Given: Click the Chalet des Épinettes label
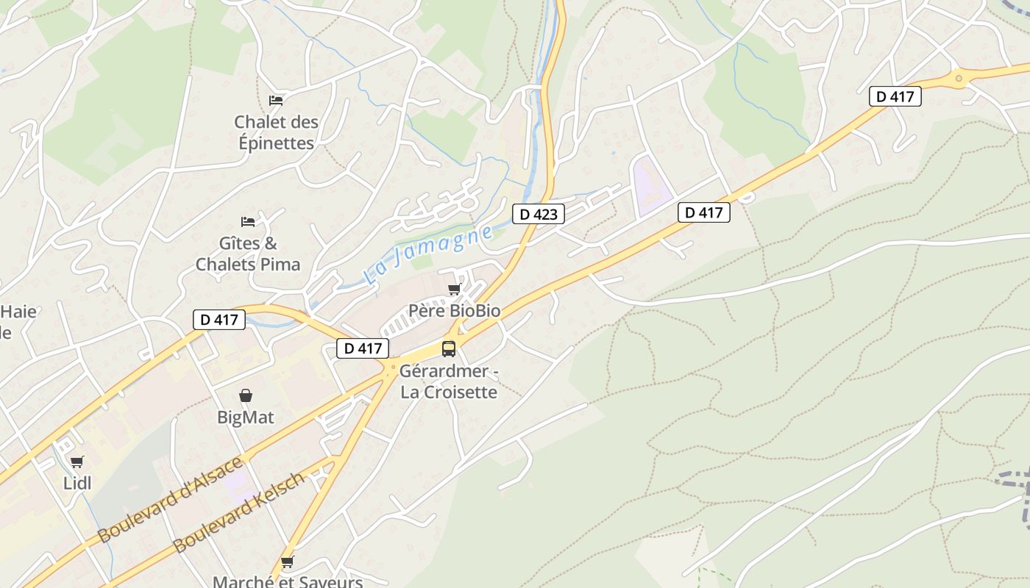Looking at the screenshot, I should (276, 132).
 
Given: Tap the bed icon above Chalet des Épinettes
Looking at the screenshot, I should (276, 100).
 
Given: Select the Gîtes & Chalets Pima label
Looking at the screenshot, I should (248, 254).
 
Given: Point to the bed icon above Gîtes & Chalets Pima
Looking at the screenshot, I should (248, 221).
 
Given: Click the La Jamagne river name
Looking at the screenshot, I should (428, 255).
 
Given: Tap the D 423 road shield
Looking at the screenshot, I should (539, 214).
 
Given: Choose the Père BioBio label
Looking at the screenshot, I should (454, 311).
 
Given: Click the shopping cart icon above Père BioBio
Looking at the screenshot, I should (454, 289).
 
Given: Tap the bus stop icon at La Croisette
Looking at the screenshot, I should (449, 348).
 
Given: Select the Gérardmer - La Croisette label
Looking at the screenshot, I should (449, 381).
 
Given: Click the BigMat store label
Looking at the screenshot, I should (245, 417).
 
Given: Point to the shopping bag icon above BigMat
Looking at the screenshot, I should (245, 396).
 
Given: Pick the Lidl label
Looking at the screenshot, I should (77, 483).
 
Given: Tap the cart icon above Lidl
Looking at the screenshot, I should (77, 462).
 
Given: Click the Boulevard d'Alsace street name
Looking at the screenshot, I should (170, 500).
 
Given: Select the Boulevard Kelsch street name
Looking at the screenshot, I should (238, 513).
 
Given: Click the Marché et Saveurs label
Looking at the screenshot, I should (288, 581).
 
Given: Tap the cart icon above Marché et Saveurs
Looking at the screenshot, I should (287, 562).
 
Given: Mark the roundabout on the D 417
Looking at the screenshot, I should (958, 78).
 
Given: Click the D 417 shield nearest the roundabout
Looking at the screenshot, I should (895, 96).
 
